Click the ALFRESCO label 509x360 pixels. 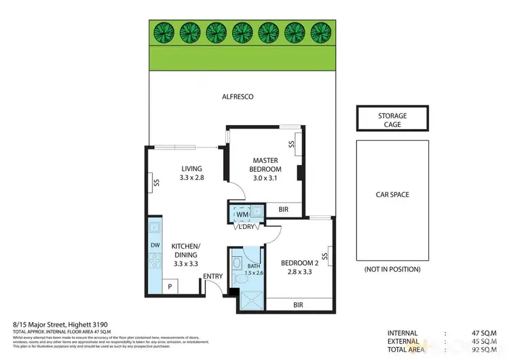(238, 97)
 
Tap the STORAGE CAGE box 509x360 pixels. (393, 120)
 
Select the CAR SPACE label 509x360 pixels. (392, 195)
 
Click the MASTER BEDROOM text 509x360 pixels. (265, 164)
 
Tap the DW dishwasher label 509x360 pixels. (154, 246)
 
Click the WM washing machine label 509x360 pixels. (242, 215)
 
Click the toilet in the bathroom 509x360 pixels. (238, 261)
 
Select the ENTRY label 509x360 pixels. (212, 276)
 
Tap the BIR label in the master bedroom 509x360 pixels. (283, 210)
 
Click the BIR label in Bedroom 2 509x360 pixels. (298, 305)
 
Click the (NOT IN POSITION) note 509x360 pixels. (392, 269)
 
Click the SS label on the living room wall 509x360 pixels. (157, 181)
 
